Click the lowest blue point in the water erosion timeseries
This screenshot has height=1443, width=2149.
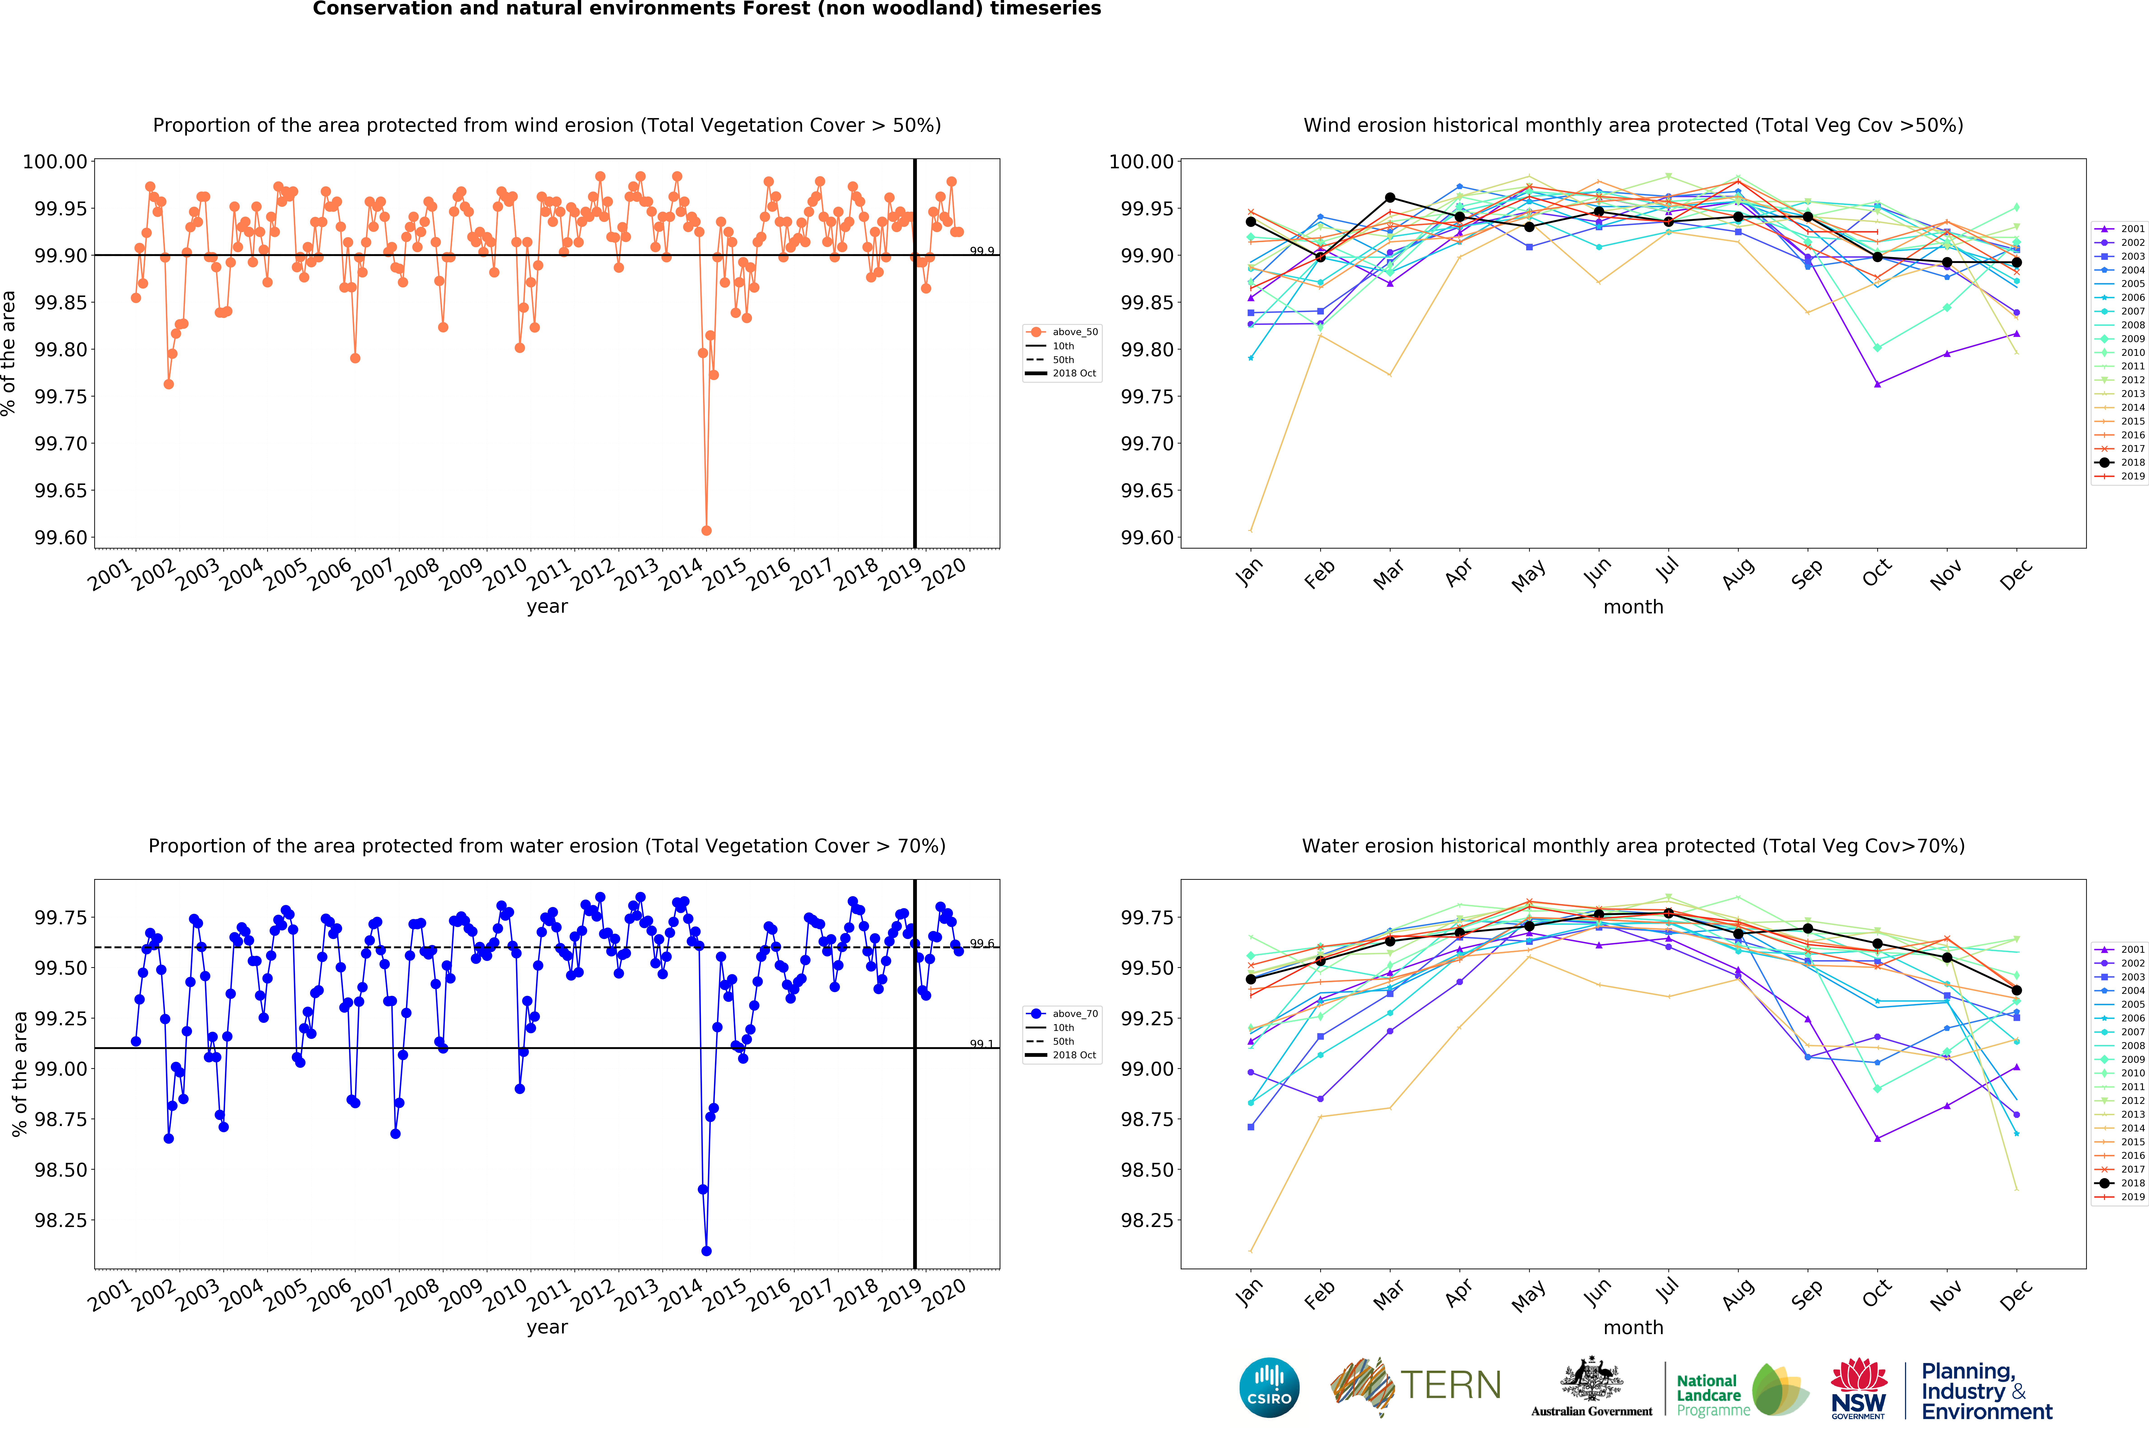706,1251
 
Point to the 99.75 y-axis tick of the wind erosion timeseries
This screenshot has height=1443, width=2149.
61,397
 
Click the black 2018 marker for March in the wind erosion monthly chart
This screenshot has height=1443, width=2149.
1390,198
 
